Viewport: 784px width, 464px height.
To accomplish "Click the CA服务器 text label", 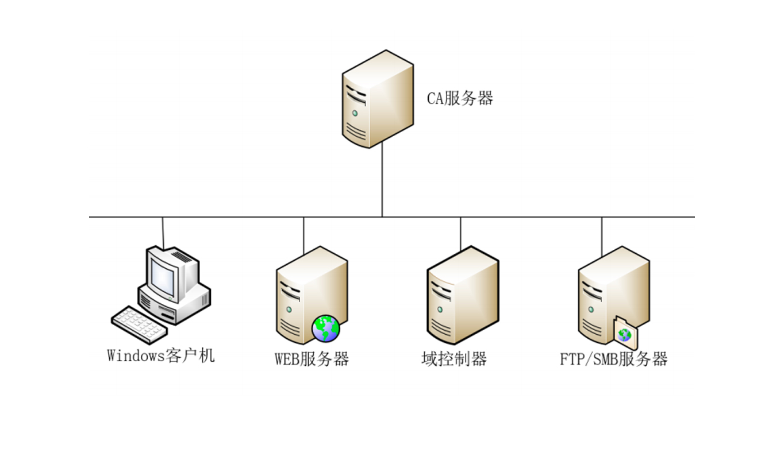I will (x=460, y=99).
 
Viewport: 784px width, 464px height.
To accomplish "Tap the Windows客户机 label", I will (x=161, y=355).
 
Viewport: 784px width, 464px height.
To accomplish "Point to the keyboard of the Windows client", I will (x=139, y=324).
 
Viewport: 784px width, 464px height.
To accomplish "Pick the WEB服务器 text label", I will (x=312, y=359).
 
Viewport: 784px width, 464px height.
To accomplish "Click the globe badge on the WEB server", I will (x=326, y=328).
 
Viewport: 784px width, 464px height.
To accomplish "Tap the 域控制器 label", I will (x=454, y=359).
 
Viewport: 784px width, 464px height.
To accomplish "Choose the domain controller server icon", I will (x=462, y=296).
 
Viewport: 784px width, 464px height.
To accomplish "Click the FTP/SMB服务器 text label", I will (x=614, y=359).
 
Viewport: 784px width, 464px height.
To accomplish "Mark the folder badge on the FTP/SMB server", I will (x=625, y=334).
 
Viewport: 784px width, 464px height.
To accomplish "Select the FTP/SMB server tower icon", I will (x=613, y=293).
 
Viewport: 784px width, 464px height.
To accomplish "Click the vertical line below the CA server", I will (x=382, y=181).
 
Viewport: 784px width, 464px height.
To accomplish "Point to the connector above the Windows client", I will (x=163, y=233).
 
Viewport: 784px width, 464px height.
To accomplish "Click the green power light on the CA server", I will (x=355, y=113).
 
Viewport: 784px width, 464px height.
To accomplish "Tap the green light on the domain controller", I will (x=440, y=310).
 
